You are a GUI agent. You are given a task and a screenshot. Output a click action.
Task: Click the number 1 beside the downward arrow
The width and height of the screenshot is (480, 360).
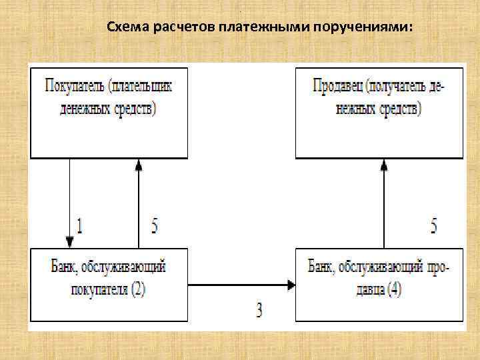click(80, 227)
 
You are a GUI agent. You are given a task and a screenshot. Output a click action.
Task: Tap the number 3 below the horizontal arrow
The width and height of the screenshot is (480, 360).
click(260, 309)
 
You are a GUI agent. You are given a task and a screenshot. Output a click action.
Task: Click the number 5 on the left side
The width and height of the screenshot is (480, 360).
click(155, 227)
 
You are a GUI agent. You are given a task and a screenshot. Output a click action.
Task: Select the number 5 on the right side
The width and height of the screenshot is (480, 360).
click(434, 227)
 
